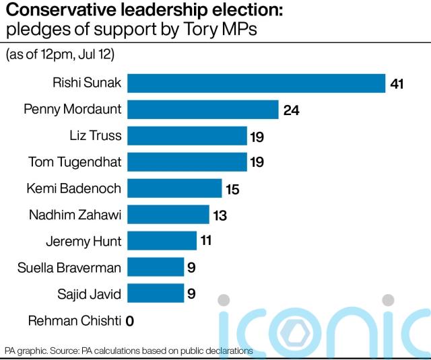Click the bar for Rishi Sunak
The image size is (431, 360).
pos(256,83)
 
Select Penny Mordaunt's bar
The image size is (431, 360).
pos(203,110)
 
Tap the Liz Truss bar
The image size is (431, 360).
pos(187,136)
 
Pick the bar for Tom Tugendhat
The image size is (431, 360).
pos(187,162)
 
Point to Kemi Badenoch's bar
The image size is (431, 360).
pos(174,188)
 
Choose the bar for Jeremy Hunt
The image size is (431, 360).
pos(162,241)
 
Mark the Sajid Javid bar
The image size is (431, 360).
pos(156,293)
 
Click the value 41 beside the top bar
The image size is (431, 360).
pos(397,84)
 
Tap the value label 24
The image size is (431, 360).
pos(291,110)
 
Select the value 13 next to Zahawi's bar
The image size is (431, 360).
pos(219,215)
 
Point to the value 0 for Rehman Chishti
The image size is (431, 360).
pos(129,321)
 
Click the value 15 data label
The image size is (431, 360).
pos(232,189)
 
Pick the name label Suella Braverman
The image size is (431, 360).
pos(69,268)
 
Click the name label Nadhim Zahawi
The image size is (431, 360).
pos(75,215)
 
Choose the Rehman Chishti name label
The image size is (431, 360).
pos(75,320)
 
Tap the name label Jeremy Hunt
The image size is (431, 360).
pos(84,242)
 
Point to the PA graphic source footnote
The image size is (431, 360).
pos(128,351)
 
